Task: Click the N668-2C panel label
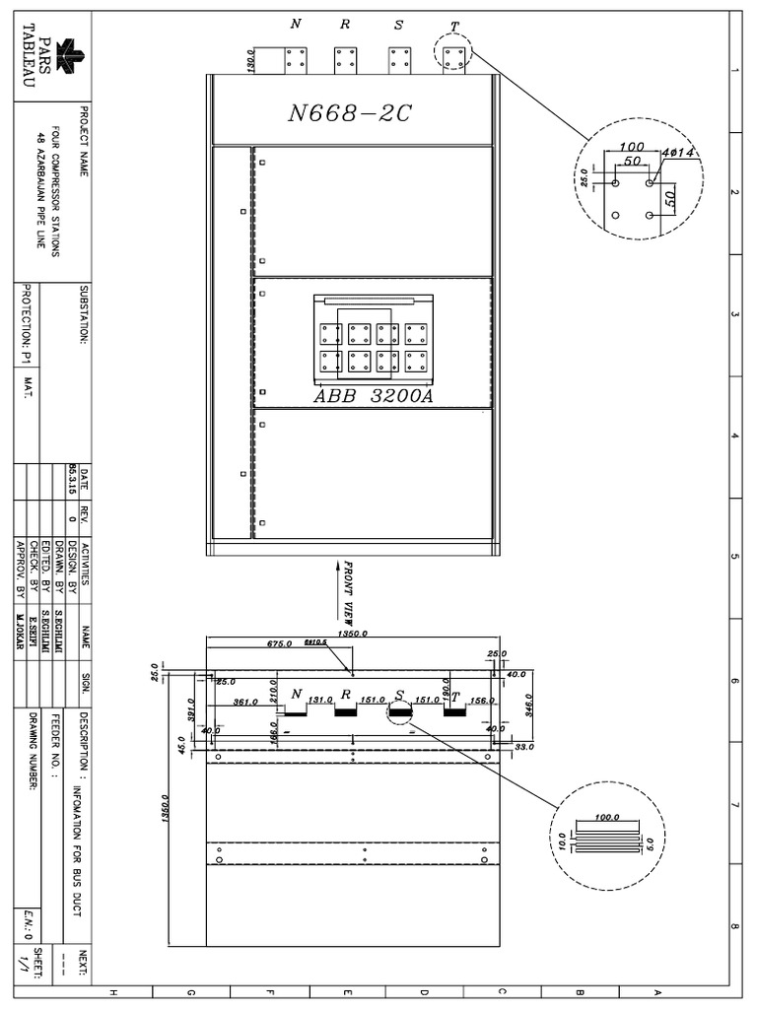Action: coord(349,113)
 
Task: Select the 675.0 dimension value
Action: coord(280,643)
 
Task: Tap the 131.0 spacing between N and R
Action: coord(319,701)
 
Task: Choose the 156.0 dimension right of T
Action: coord(483,701)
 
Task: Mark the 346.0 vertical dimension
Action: coord(529,705)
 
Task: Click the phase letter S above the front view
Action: coord(398,26)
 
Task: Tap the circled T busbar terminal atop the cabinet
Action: coord(453,58)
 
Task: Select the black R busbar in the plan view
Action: coord(345,712)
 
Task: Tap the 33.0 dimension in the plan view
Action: coord(524,747)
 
